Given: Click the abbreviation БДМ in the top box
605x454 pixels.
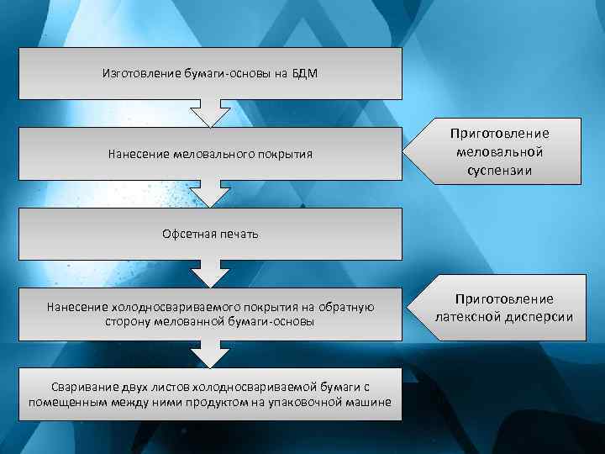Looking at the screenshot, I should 305,73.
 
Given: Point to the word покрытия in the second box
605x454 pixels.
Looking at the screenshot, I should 284,154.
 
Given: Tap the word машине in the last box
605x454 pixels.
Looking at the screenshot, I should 371,401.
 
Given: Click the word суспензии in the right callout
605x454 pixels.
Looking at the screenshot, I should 499,172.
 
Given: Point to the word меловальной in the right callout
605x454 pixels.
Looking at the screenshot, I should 499,152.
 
